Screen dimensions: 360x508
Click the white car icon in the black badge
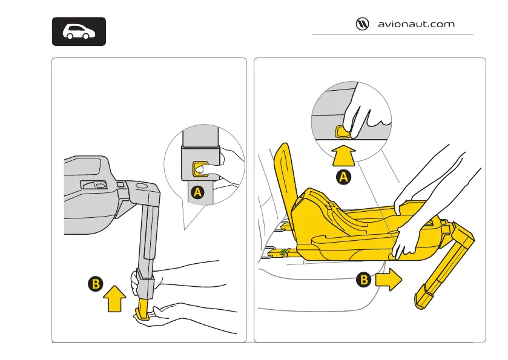78,32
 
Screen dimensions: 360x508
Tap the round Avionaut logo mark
363,25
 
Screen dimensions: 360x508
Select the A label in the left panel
196,193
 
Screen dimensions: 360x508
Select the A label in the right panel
343,177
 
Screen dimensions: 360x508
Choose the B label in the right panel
363,280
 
